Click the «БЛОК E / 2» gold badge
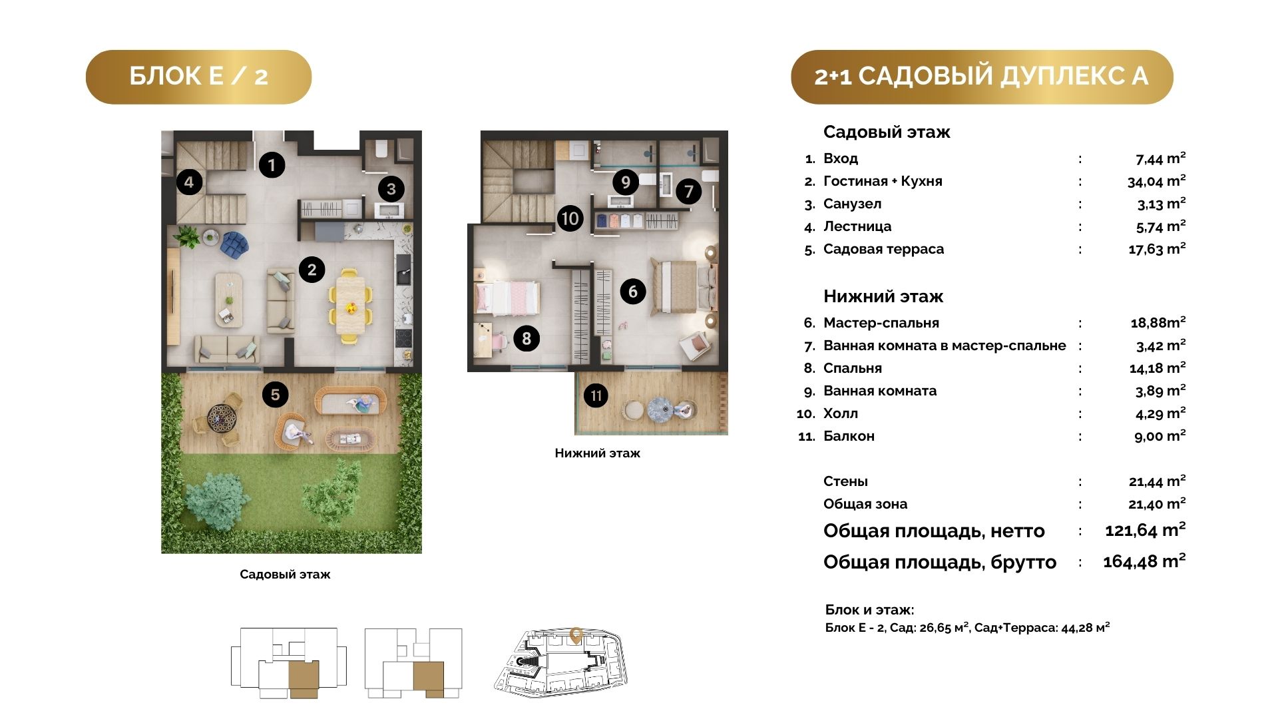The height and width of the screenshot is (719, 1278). coord(198,77)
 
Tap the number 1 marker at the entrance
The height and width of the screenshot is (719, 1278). coord(272,164)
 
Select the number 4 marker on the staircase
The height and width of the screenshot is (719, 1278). coord(190,182)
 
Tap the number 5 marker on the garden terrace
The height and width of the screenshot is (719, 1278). coord(275,395)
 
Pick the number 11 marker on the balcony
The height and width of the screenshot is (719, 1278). coord(596,396)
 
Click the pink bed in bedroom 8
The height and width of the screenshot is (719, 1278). coord(507,298)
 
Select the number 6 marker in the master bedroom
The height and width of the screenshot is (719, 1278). coord(632,291)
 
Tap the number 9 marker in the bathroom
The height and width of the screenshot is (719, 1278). coord(625,182)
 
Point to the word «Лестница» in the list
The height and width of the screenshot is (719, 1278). coord(857,226)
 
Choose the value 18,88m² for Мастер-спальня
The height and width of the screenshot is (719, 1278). coord(1158,323)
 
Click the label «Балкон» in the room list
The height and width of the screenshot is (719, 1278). coord(849,436)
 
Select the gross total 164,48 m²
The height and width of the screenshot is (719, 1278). coord(1144,561)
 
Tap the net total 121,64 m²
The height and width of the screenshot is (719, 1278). coord(1146,531)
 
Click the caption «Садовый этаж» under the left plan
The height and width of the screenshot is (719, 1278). coord(285,575)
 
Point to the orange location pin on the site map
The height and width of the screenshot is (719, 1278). coord(576,636)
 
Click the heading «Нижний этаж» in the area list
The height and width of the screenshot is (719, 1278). coord(883,296)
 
